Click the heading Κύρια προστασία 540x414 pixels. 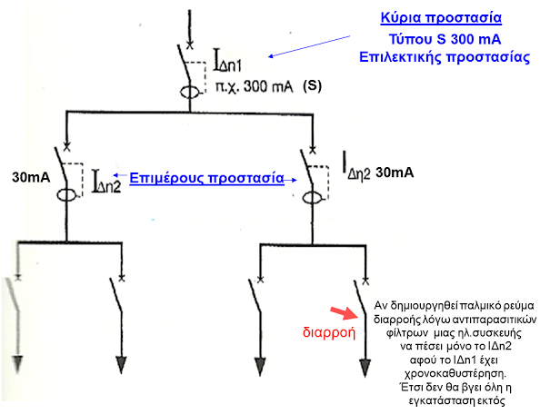(x=441, y=18)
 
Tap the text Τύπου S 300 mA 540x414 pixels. (x=445, y=39)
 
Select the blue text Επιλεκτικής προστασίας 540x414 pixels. (x=445, y=57)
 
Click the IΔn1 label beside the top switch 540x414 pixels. (x=227, y=61)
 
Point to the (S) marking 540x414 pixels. (x=313, y=85)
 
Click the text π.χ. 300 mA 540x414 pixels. (x=255, y=86)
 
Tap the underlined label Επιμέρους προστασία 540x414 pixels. (x=206, y=178)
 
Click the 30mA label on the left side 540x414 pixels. (x=31, y=177)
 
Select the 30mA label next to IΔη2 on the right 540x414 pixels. (x=395, y=172)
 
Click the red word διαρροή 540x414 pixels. (x=329, y=332)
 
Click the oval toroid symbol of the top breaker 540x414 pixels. (x=190, y=93)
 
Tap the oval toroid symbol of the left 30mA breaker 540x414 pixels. (x=66, y=195)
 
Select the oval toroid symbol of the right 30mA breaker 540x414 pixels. (x=313, y=199)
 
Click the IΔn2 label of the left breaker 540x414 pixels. (x=106, y=182)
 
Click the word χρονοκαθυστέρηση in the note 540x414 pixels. (x=455, y=373)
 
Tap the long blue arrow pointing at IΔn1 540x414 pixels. (x=309, y=46)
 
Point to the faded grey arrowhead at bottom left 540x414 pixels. (x=17, y=364)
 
